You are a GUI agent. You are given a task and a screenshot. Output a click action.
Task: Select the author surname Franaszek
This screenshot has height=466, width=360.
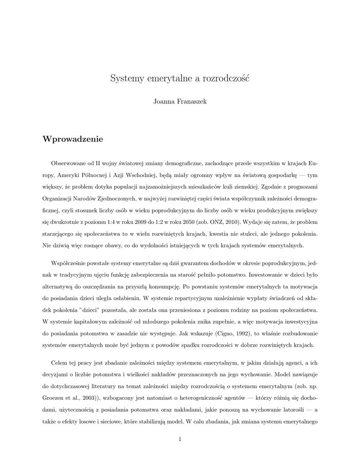coord(192,101)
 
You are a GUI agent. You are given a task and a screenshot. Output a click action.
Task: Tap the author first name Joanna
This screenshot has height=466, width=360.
coord(163,101)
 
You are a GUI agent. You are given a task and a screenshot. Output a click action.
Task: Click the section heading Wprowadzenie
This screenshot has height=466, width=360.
coord(73,139)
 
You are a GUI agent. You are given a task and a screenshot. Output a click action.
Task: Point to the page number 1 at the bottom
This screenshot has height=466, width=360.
coord(180,439)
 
